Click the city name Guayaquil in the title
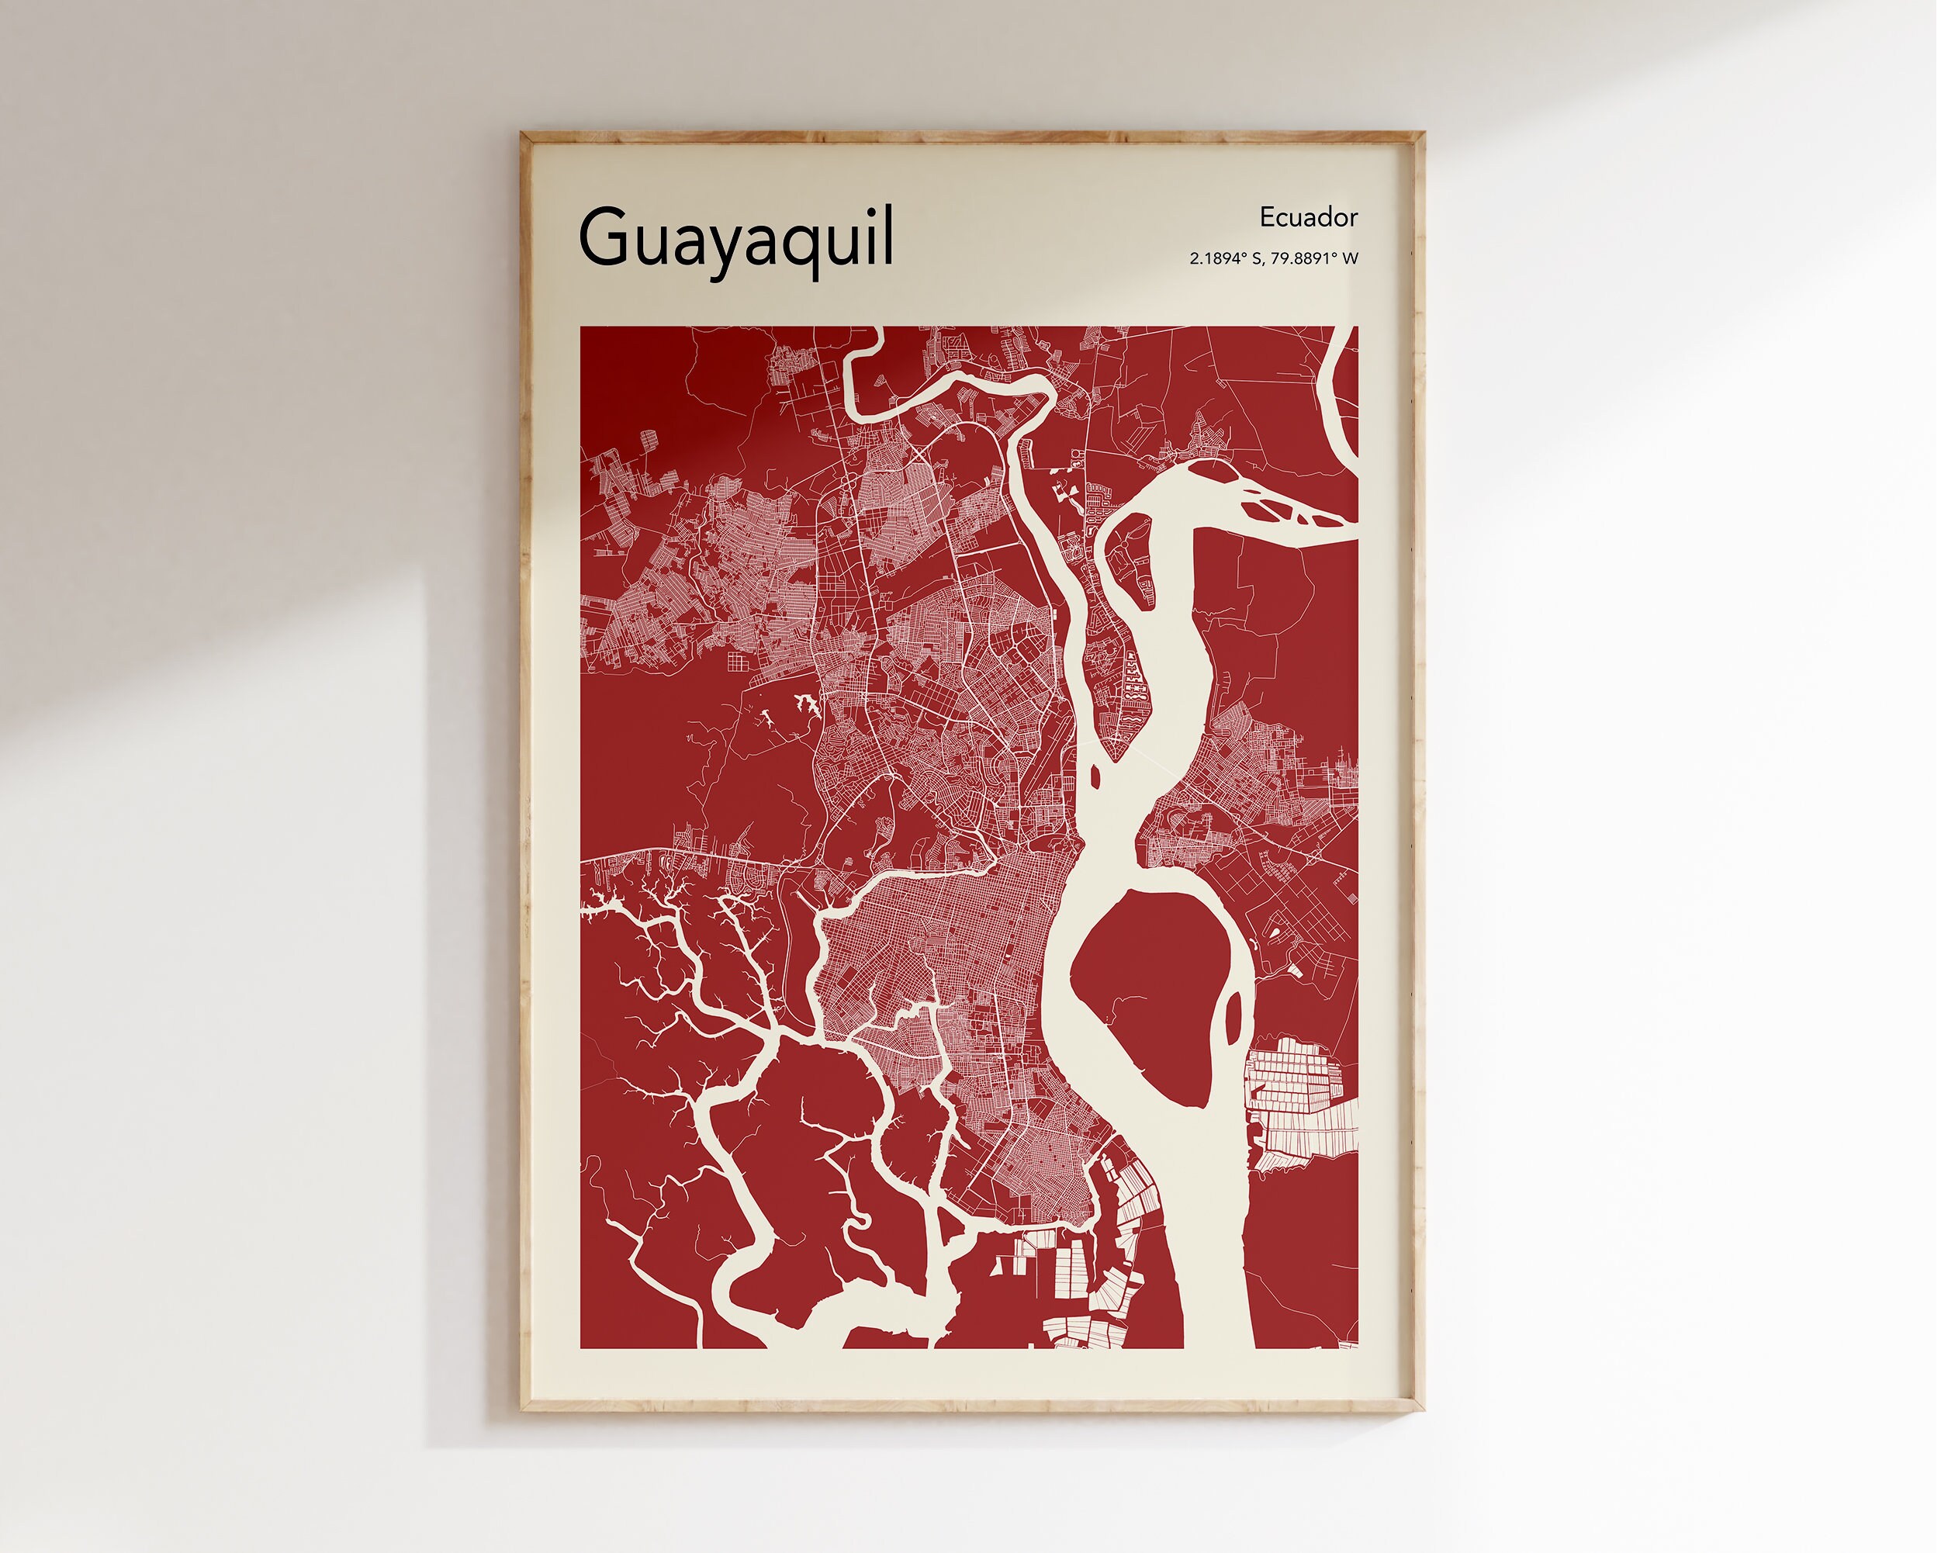(736, 237)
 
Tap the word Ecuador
(1308, 218)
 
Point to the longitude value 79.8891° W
(1314, 258)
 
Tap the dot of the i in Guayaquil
(865, 211)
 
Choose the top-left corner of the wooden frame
(524, 136)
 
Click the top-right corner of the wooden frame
(1421, 136)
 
